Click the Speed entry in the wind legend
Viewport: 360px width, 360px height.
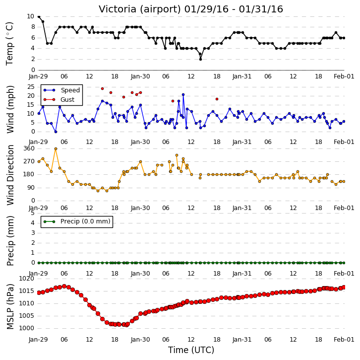(x=61, y=90)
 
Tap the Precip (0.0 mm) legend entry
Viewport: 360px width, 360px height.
(x=77, y=221)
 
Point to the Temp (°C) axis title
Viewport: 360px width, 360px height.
(x=9, y=44)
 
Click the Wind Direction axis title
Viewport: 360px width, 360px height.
(x=10, y=175)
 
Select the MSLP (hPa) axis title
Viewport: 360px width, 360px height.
(x=10, y=306)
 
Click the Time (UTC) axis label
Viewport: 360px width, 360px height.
(x=191, y=350)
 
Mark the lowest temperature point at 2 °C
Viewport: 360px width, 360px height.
(x=200, y=59)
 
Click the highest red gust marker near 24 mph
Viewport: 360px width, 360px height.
(x=103, y=89)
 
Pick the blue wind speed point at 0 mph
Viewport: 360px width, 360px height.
(x=56, y=132)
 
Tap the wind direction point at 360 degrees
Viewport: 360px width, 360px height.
(x=56, y=149)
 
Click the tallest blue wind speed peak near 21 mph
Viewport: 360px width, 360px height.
(x=183, y=94)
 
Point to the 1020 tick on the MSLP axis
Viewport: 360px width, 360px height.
(x=26, y=279)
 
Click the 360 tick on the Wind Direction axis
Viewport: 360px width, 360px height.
(x=29, y=148)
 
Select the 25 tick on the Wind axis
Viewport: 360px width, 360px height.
(x=31, y=87)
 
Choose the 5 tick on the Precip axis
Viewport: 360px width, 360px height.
(x=33, y=213)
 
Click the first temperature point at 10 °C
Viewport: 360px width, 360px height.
(x=39, y=16)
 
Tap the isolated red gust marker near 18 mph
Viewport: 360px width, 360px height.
(x=217, y=99)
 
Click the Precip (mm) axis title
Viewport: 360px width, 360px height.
(x=10, y=241)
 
